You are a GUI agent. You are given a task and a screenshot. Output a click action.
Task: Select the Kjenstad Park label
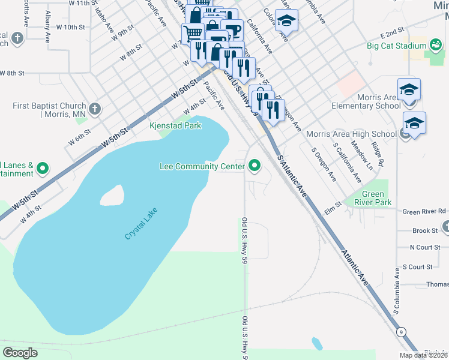(175, 125)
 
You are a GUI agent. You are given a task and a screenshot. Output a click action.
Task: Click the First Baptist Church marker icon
(94, 109)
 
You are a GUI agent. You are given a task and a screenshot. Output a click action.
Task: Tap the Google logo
(21, 353)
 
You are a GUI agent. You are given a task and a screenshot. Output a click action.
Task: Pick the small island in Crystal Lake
(112, 194)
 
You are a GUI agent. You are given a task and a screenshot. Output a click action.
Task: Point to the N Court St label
(425, 247)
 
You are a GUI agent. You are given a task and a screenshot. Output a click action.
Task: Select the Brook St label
(425, 230)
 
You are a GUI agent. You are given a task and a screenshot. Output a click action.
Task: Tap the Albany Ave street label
(47, 28)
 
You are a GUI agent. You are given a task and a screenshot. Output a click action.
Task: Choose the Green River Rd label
(424, 211)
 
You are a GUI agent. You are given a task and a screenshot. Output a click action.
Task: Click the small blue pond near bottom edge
(316, 343)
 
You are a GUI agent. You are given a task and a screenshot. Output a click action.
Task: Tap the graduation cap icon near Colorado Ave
(286, 22)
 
